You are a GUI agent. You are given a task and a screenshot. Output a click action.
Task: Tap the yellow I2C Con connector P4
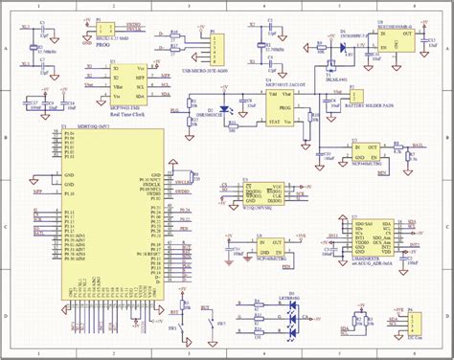pos(417,326)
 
